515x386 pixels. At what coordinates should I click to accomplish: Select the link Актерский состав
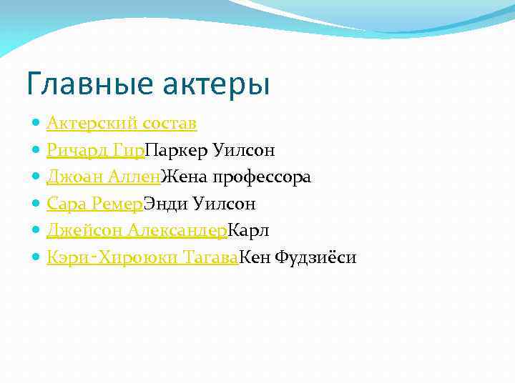point(122,124)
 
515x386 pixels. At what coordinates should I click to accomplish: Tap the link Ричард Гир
point(95,150)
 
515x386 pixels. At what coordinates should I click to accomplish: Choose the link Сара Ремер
point(94,204)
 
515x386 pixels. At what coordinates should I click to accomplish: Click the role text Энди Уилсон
point(200,204)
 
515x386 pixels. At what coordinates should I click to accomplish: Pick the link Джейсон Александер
point(137,230)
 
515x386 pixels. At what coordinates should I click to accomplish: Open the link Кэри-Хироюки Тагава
point(142,257)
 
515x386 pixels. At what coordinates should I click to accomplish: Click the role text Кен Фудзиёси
point(297,257)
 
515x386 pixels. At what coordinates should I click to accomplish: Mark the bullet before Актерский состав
point(36,124)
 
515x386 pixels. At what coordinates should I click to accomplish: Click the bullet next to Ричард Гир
point(36,150)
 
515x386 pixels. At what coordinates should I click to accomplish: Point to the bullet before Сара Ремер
point(36,204)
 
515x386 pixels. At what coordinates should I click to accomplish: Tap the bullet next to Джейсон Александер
point(36,230)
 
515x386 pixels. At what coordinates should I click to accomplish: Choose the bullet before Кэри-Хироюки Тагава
point(36,257)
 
